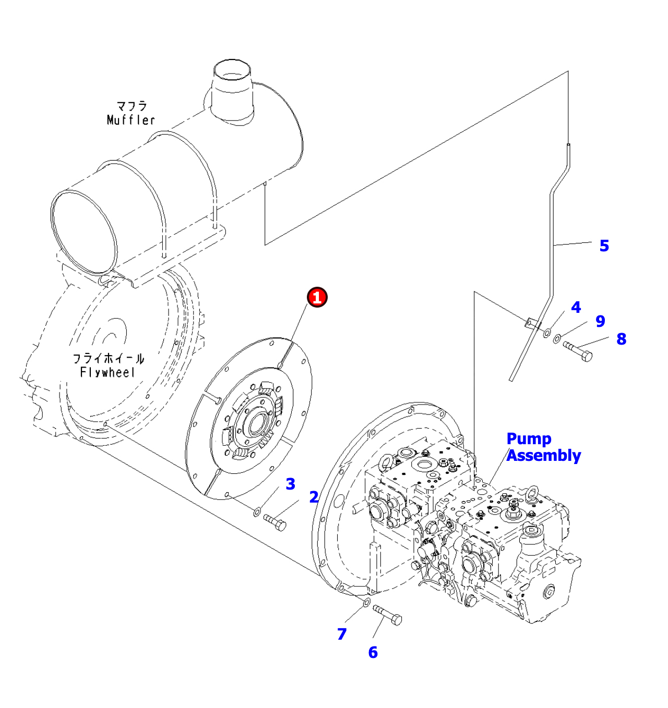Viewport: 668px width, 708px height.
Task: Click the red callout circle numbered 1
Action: tap(317, 297)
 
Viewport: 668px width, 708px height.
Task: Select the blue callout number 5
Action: tap(604, 246)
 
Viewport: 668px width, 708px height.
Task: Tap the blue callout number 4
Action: tap(576, 307)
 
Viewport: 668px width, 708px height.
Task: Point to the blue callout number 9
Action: tap(601, 321)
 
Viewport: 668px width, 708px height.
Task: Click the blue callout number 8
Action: tap(622, 339)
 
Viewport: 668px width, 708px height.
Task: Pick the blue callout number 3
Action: tap(290, 484)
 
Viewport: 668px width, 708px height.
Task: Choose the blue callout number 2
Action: tap(314, 497)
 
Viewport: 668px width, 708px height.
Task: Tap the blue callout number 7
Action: tap(342, 634)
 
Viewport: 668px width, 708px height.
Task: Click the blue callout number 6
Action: tap(373, 652)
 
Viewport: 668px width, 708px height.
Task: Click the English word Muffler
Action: tap(131, 120)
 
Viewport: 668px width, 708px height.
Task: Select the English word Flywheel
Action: tap(108, 373)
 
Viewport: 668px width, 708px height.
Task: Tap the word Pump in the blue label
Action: tap(529, 439)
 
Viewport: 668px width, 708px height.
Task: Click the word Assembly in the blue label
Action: tap(543, 456)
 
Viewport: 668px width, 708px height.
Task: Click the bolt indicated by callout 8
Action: tap(578, 351)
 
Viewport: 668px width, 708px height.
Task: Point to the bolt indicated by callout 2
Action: tap(275, 522)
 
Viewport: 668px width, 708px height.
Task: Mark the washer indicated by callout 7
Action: tap(366, 603)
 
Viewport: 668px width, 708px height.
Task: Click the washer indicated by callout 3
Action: tap(257, 512)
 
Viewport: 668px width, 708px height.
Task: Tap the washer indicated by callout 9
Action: tap(557, 339)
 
